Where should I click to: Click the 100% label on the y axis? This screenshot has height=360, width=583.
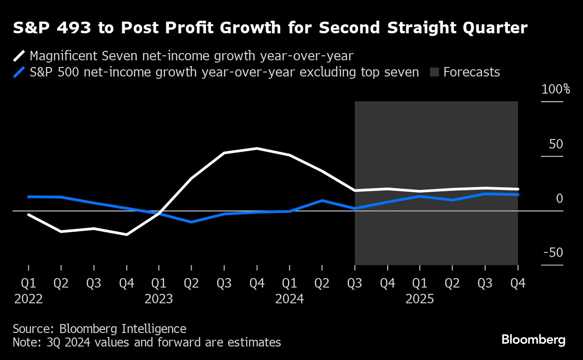coord(556,89)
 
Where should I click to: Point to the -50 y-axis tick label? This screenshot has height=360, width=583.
coord(553,252)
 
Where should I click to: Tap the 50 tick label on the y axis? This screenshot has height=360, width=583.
coord(556,144)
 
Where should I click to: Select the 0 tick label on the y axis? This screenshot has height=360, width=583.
coord(560,198)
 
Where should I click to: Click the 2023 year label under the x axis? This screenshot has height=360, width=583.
coord(159,299)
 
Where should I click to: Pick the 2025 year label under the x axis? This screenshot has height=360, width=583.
coord(420,299)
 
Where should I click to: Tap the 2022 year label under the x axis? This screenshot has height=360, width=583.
coord(28,299)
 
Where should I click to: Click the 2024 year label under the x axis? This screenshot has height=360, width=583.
coord(289,299)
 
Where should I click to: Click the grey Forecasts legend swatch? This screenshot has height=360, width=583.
coord(435,72)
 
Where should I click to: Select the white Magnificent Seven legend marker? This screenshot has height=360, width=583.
coord(19,56)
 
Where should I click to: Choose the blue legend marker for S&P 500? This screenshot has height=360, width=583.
coord(19,72)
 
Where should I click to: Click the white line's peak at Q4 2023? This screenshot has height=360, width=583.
coord(257,148)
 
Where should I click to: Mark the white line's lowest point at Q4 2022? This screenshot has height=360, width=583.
coord(127,234)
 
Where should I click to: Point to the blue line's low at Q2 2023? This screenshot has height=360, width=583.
coord(192,222)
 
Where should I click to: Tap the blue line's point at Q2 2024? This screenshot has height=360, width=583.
coord(322,200)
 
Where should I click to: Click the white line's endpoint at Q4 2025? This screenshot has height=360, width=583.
coord(518,189)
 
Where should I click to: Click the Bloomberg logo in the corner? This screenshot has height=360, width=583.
coord(533,340)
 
